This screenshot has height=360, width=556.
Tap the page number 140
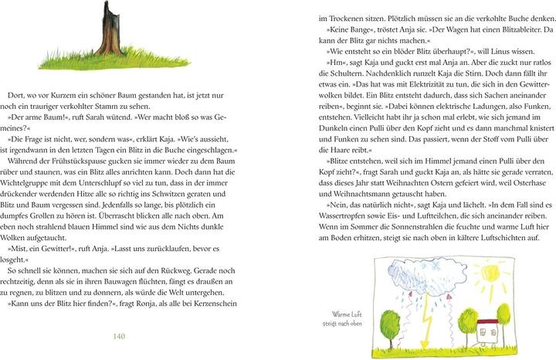[119, 336]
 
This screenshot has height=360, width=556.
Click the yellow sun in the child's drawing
[490, 273]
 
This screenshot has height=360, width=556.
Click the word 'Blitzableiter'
[510, 29]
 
